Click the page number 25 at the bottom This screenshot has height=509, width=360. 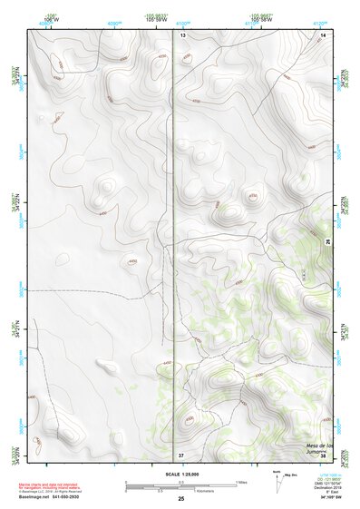(x=180, y=499)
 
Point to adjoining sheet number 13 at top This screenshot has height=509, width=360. (x=181, y=34)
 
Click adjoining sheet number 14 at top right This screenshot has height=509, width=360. (x=322, y=34)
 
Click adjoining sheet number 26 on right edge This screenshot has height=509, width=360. (x=328, y=240)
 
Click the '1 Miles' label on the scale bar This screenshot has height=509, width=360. (x=241, y=481)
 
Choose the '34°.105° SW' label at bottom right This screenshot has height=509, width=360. (x=331, y=498)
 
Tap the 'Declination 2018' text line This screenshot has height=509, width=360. (x=331, y=487)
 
